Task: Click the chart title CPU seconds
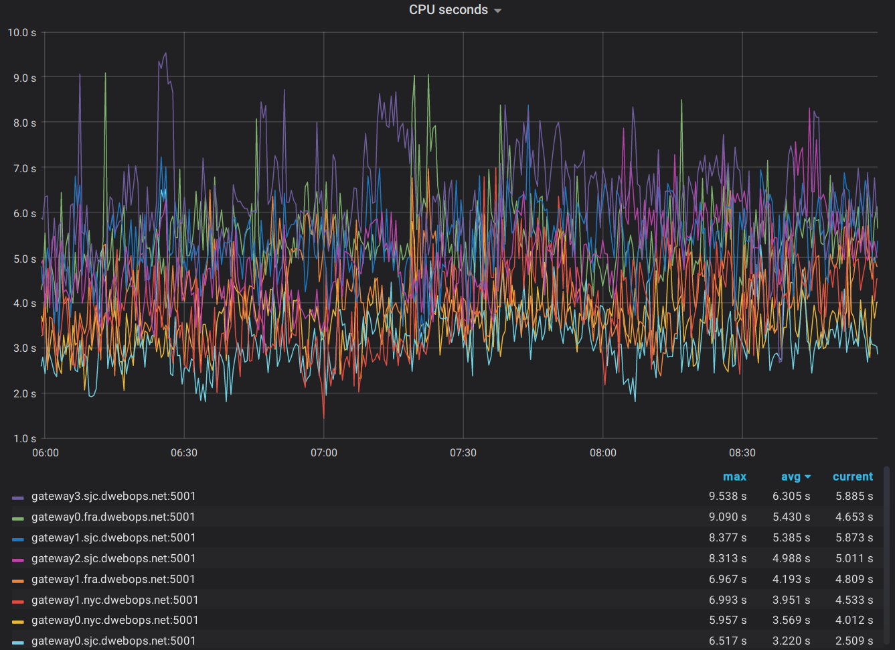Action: coord(448,10)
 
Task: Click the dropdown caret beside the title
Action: coord(497,11)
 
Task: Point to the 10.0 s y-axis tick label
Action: coord(22,32)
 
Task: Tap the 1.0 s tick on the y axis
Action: coord(25,438)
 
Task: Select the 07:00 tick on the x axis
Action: coord(324,453)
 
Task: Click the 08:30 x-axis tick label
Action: coord(742,453)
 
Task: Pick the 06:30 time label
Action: coord(184,453)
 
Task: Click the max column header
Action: coord(734,476)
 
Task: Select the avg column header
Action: coord(791,476)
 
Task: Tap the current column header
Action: coord(852,476)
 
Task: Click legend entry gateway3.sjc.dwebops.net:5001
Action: coord(114,497)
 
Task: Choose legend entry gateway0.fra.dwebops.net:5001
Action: coord(113,517)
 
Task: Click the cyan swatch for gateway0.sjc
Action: coord(18,642)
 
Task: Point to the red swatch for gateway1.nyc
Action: coord(18,601)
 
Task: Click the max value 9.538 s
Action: coord(728,497)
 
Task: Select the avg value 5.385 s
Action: coord(791,538)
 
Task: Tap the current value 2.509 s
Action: coord(854,641)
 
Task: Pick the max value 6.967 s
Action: coord(728,580)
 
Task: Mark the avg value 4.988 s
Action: coord(791,559)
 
